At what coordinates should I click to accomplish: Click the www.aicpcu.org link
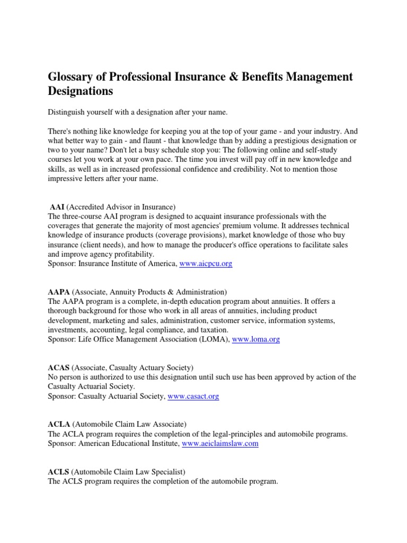(x=206, y=264)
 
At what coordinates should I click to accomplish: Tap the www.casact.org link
(x=193, y=396)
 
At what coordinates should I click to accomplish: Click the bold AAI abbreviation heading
(x=57, y=206)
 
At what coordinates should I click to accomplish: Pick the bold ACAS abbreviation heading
(x=58, y=367)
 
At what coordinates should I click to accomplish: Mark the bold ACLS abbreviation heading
(x=58, y=471)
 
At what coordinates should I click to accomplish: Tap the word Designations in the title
(x=81, y=92)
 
